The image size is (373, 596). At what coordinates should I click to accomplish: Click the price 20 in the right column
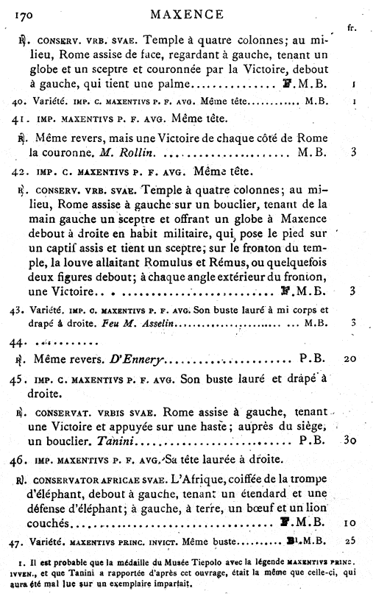(x=351, y=362)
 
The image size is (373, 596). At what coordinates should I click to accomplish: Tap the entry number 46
(x=21, y=462)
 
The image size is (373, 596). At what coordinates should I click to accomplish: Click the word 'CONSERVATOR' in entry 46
(x=62, y=480)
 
